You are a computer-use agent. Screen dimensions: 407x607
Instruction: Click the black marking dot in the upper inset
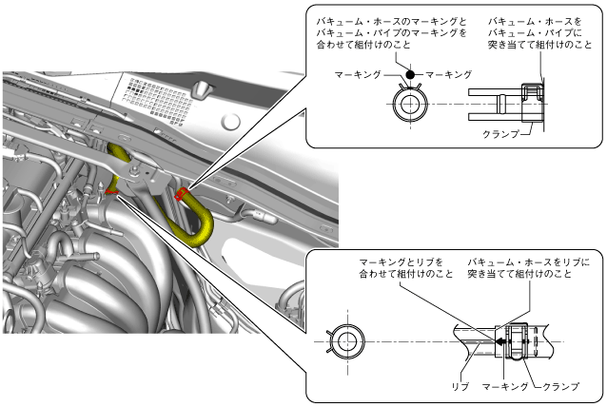click(410, 74)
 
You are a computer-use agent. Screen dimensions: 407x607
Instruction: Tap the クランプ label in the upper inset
click(501, 134)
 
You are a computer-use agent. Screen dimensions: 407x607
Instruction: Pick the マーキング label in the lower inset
click(503, 387)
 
